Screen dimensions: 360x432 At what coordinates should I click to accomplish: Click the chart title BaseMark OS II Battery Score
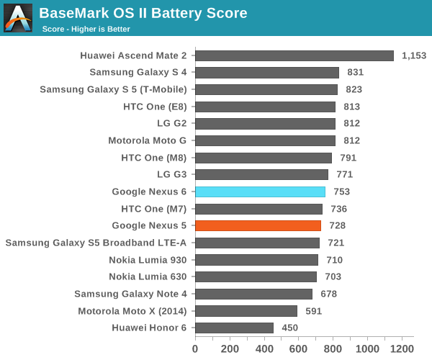coord(143,13)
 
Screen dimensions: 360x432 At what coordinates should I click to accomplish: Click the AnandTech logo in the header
coord(18,18)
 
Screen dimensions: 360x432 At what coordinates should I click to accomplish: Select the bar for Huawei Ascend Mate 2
coord(294,55)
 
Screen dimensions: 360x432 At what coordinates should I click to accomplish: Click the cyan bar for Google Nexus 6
coord(260,192)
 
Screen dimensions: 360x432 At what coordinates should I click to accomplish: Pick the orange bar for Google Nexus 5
coord(258,225)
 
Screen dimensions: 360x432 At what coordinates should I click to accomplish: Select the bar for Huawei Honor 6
coord(234,328)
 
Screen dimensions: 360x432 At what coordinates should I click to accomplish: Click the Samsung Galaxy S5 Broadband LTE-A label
coord(96,243)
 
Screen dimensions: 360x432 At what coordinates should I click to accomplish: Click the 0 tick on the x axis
coord(195,348)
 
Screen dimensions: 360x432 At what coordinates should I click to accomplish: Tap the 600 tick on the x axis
coord(299,348)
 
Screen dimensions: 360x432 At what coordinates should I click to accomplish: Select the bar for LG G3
coord(261,174)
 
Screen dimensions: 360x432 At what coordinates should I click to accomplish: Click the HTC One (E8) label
coord(155,107)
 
